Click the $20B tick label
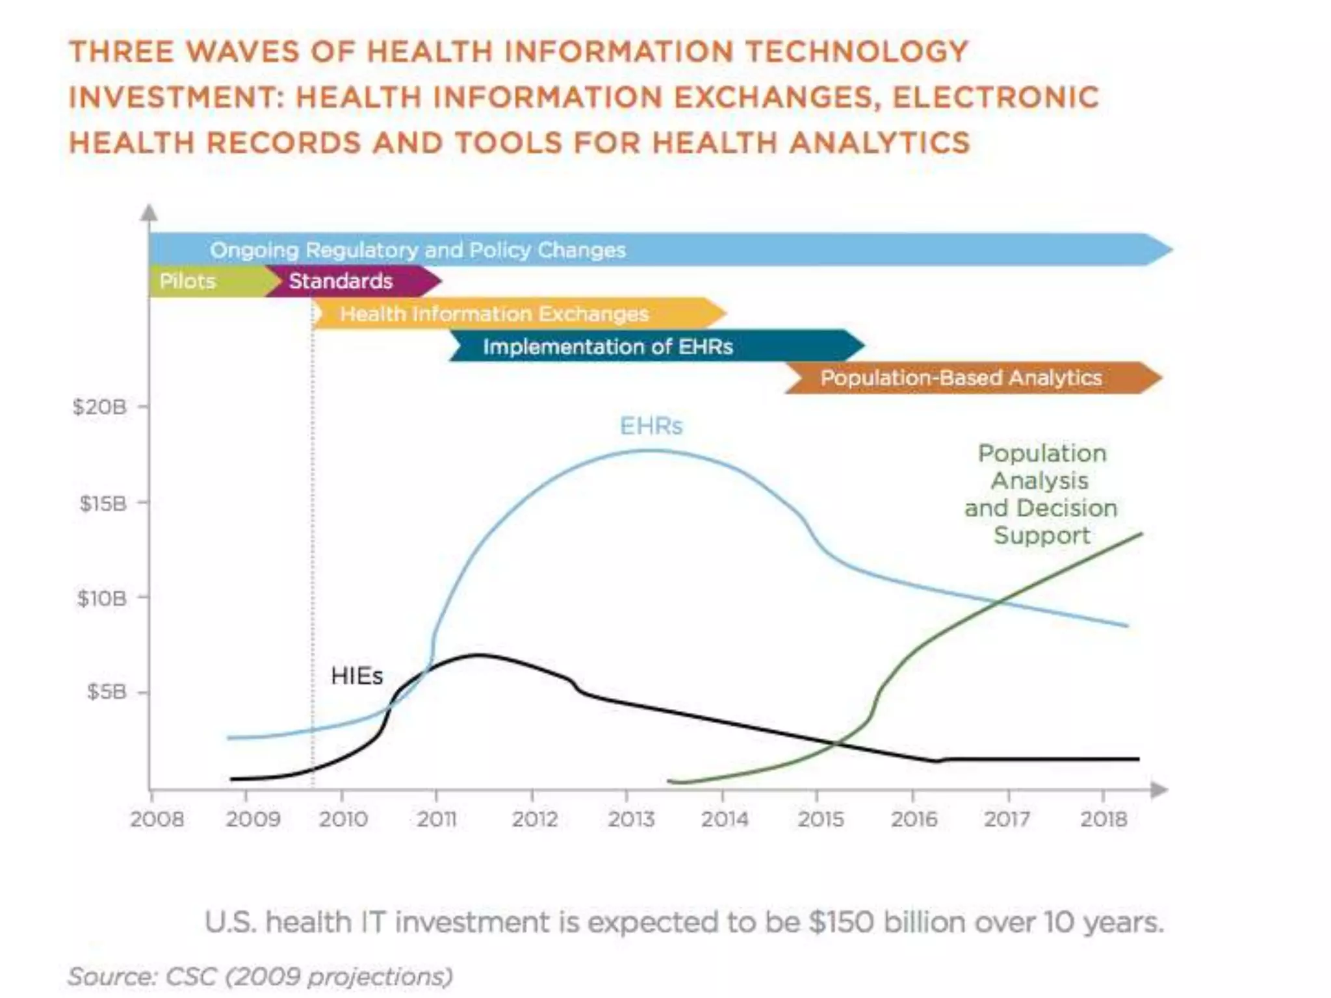[x=99, y=407]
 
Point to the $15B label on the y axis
[x=103, y=503]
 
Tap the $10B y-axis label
[x=101, y=598]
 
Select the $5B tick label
[x=107, y=692]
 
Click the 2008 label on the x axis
[x=157, y=819]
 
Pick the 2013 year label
[x=631, y=819]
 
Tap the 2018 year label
[x=1104, y=819]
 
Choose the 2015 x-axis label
[x=820, y=819]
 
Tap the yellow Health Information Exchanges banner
[x=495, y=314]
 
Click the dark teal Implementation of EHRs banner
[x=608, y=346]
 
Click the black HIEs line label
[x=357, y=676]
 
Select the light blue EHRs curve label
[x=651, y=426]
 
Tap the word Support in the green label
[x=1042, y=535]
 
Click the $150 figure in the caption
[x=842, y=922]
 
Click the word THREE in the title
[x=122, y=51]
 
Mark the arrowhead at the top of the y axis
[x=149, y=212]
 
